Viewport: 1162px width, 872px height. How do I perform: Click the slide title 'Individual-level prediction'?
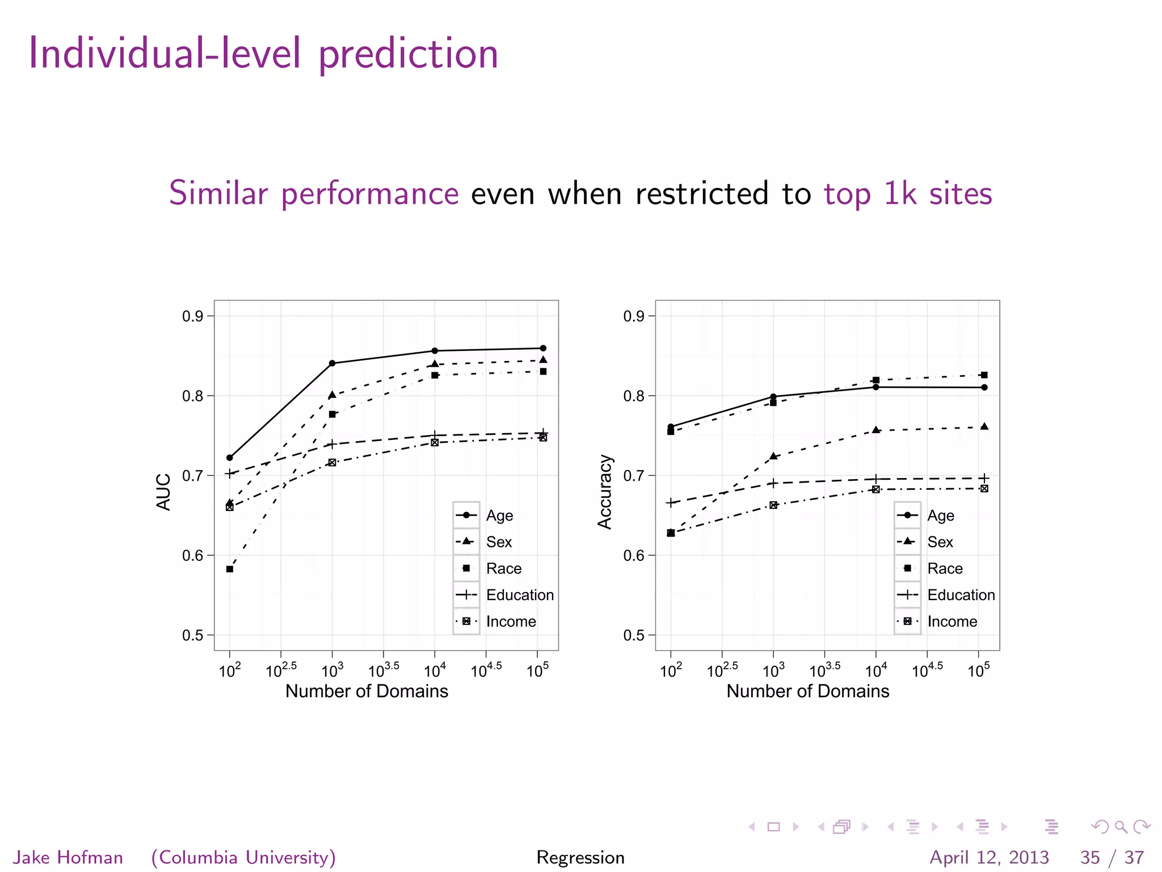263,53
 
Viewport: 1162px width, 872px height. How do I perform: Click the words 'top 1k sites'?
908,194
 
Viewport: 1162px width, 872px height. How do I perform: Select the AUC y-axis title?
163,492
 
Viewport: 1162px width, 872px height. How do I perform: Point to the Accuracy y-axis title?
605,492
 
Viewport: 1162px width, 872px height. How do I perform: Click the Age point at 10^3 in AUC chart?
332,363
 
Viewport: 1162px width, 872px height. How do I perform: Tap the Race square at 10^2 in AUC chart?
230,569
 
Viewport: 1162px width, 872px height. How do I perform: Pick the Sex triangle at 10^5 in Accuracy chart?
984,426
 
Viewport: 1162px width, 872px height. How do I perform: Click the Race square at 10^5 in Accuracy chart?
984,375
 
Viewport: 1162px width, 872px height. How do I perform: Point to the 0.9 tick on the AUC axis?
193,316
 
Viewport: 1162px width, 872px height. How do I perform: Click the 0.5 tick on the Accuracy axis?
634,635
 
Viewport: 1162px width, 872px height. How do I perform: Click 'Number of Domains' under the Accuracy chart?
807,691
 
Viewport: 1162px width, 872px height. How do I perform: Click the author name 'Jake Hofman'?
68,857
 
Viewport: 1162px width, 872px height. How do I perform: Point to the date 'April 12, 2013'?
989,857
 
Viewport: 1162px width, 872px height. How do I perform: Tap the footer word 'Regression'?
580,857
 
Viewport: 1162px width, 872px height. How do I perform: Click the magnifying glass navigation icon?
1121,827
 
